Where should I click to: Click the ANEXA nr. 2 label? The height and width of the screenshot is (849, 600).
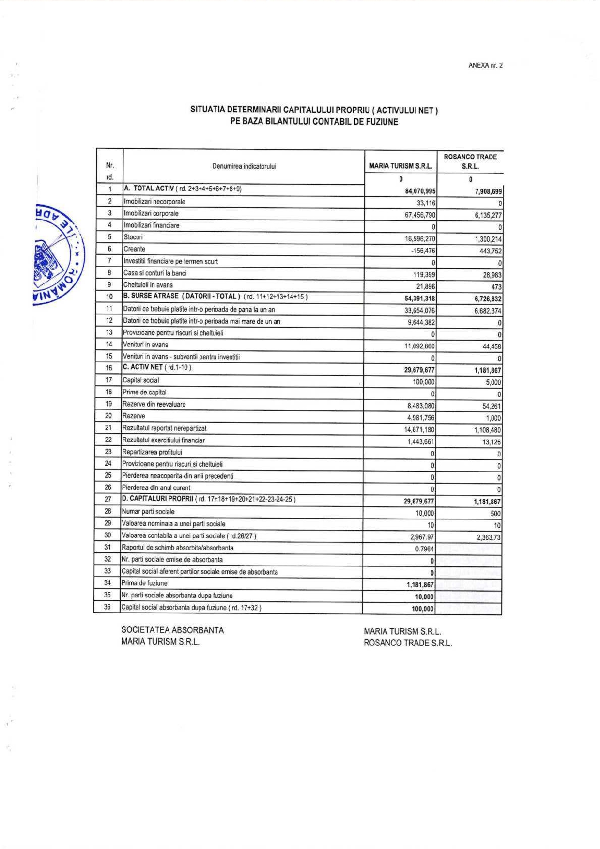click(x=485, y=65)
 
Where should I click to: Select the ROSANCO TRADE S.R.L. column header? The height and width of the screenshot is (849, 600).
click(x=470, y=161)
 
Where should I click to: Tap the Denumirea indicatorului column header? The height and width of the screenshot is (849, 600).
click(x=244, y=166)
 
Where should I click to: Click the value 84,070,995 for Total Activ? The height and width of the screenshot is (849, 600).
click(x=420, y=191)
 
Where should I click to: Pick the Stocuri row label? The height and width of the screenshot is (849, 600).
click(x=133, y=237)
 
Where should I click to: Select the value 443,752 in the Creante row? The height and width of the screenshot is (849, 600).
click(x=490, y=251)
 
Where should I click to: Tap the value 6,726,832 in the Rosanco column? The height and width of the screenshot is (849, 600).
click(x=488, y=299)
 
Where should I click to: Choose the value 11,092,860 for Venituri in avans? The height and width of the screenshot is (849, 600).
click(x=419, y=346)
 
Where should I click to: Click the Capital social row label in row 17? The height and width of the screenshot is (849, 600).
click(x=140, y=380)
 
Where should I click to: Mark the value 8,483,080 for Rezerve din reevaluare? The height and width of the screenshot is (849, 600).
click(x=420, y=406)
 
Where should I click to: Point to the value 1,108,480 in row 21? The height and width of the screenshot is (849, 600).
click(x=487, y=430)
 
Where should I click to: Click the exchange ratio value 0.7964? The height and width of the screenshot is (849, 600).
click(x=424, y=549)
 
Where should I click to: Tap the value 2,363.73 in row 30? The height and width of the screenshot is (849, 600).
click(x=489, y=537)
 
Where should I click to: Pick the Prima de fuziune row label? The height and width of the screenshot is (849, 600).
click(x=144, y=583)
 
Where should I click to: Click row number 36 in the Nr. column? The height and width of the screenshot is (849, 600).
click(x=108, y=607)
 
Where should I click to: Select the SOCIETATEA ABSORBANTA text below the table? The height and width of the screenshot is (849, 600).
click(x=172, y=630)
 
